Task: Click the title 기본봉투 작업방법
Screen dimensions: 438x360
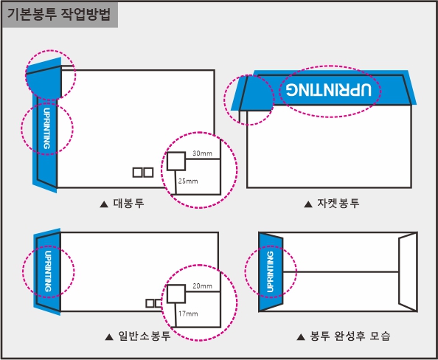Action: tap(58, 14)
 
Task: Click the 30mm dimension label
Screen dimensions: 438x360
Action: tap(202, 153)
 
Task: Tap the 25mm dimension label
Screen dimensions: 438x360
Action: tap(188, 181)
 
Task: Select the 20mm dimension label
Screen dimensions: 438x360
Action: tap(202, 286)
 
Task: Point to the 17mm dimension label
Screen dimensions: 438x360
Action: tap(188, 314)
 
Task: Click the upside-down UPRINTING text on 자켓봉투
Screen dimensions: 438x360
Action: tap(329, 90)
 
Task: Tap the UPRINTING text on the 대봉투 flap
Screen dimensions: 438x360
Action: tap(47, 128)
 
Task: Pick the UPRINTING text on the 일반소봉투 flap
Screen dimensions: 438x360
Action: tap(48, 271)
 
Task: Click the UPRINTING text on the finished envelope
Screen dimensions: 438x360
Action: tap(270, 271)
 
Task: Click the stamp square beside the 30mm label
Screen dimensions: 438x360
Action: tap(176, 161)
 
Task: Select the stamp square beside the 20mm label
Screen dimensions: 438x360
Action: tap(176, 294)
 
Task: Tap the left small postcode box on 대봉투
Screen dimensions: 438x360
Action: tap(137, 173)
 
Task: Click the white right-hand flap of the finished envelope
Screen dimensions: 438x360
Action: tap(408, 271)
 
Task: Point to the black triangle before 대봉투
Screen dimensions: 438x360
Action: tap(104, 204)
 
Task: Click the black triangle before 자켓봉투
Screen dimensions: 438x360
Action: tap(308, 204)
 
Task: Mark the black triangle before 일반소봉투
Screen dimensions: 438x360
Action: tap(109, 337)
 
